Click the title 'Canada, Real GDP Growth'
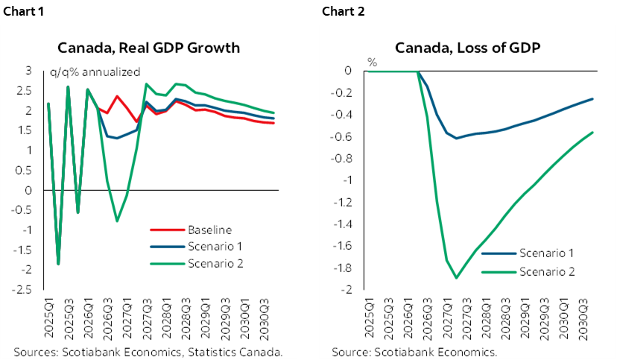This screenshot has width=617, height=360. point(149,48)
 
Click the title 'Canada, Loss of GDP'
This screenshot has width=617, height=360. point(467,48)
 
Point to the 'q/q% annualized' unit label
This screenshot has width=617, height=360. point(95,72)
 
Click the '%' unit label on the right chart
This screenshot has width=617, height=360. point(372,63)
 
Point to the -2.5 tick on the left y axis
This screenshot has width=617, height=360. point(24,289)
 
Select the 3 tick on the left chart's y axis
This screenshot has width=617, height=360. point(29,71)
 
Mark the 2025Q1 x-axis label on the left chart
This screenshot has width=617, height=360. point(48,317)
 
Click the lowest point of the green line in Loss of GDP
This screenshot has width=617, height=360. point(456,277)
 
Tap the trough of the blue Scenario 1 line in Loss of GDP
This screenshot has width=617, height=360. point(456,138)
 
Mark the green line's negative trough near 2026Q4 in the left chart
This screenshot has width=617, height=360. point(117,221)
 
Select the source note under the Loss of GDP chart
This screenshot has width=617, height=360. point(414,351)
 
